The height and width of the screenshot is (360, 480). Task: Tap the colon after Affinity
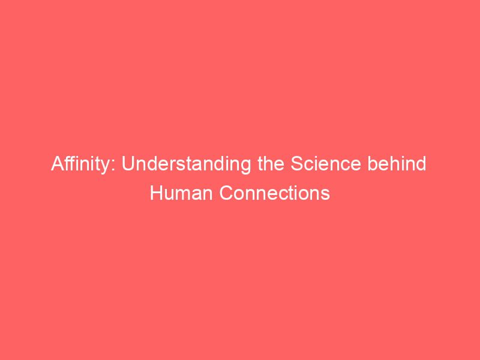118,166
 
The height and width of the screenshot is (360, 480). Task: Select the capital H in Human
155,194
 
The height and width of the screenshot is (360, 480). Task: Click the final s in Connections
326,196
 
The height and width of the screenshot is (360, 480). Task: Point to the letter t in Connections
292,194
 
